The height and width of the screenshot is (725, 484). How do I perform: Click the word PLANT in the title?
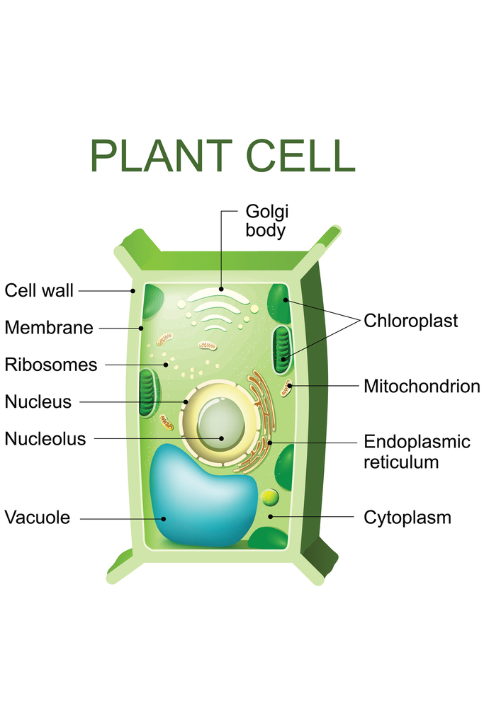[x=162, y=156]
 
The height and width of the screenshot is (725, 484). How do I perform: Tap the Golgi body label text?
[x=267, y=220]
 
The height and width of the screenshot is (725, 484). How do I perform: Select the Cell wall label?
[x=39, y=290]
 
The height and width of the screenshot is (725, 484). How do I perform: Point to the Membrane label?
[x=48, y=328]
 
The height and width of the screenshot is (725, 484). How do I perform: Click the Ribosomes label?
[x=50, y=365]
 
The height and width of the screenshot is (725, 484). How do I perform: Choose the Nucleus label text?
[x=38, y=401]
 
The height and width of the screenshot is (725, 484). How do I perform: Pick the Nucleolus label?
[x=45, y=439]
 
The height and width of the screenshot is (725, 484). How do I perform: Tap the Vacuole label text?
[x=37, y=518]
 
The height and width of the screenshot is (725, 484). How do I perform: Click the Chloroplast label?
[x=410, y=321]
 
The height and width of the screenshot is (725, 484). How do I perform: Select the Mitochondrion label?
[x=422, y=387]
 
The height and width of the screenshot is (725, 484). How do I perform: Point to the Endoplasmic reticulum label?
[x=417, y=452]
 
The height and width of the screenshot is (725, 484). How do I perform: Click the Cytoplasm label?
[x=407, y=518]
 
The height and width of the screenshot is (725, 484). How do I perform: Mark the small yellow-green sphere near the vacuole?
[x=269, y=497]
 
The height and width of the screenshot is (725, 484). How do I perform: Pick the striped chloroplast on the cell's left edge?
[x=149, y=393]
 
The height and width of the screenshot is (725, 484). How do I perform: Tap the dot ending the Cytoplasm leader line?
[x=271, y=518]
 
